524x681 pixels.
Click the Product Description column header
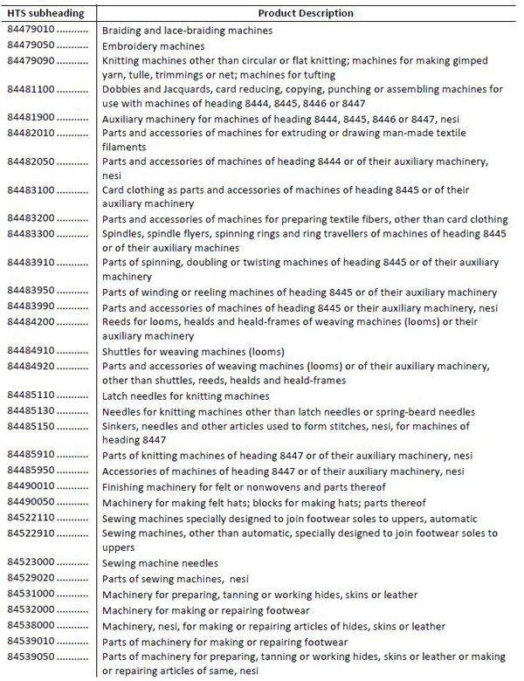click(x=306, y=13)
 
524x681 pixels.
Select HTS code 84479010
click(x=31, y=30)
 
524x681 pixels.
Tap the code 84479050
click(x=31, y=45)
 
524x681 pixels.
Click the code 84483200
click(x=31, y=219)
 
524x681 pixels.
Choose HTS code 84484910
click(x=31, y=351)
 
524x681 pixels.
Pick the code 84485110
click(x=31, y=396)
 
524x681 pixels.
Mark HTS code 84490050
click(x=31, y=502)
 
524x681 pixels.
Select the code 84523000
click(x=31, y=563)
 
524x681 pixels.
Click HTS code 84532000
click(x=31, y=609)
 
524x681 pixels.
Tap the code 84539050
click(x=31, y=656)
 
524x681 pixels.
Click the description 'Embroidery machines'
click(x=154, y=45)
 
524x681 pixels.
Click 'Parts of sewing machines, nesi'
click(x=175, y=578)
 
